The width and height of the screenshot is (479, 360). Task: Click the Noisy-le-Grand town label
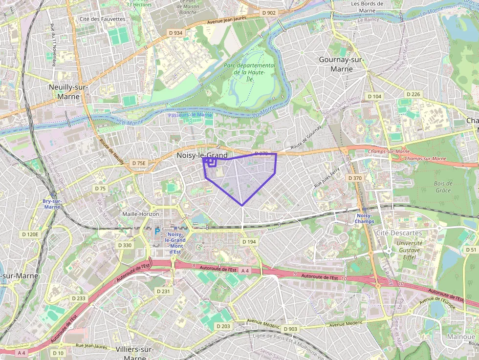[202, 155]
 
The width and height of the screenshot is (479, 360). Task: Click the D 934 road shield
[175, 33]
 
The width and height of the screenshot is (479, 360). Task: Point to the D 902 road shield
[269, 13]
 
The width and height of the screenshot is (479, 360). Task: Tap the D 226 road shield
[413, 94]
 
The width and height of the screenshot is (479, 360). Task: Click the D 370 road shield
[354, 178]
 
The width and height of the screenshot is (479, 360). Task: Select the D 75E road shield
[139, 163]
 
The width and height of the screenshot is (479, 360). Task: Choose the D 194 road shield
[249, 242]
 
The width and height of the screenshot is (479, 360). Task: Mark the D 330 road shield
[124, 245]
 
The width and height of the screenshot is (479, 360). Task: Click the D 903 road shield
[290, 329]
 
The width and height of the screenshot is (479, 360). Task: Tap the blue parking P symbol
[157, 232]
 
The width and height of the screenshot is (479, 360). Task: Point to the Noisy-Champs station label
[365, 218]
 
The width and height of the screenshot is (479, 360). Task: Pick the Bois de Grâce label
[443, 187]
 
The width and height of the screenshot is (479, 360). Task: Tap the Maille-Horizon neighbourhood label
[141, 214]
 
